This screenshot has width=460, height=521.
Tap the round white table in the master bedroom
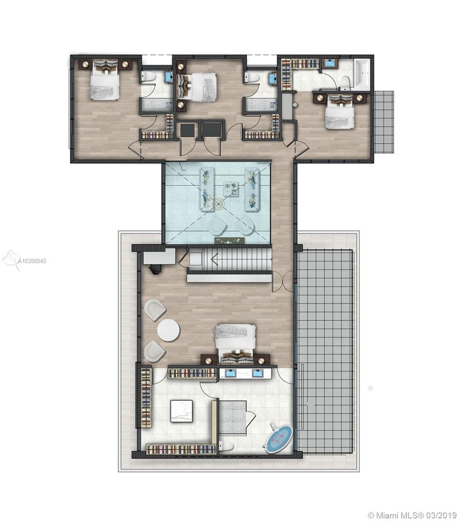point(168,330)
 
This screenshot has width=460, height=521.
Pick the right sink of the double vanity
point(258,373)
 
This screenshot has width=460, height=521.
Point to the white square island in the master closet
point(182,411)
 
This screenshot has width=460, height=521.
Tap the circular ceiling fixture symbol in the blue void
point(218,204)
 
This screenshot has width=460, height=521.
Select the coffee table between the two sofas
point(231,189)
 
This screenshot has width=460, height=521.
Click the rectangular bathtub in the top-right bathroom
point(362,75)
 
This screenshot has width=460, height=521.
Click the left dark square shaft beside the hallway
point(189,130)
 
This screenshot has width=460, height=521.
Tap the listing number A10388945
point(32,261)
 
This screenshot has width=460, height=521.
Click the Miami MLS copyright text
point(411,508)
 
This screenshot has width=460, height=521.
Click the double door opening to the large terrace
point(282,280)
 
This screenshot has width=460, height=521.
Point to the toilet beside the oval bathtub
point(226,446)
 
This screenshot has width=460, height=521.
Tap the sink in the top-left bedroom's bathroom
point(169,77)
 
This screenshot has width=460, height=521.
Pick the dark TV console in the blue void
point(229,240)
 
